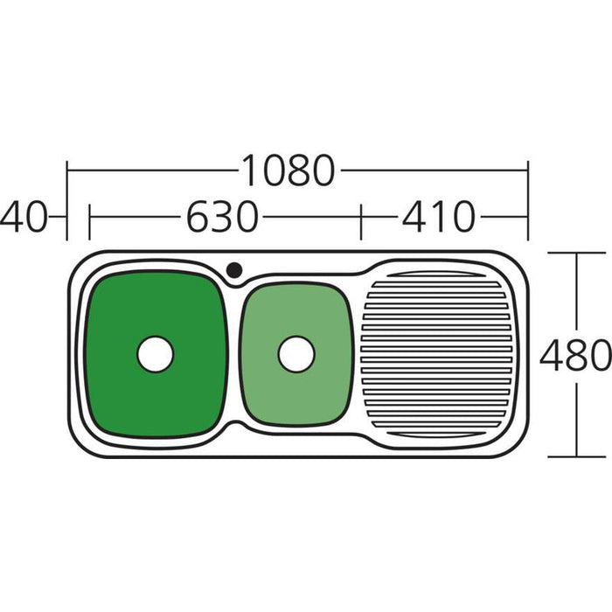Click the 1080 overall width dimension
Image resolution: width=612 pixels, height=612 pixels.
(289, 170)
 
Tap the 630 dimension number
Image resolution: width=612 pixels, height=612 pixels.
(222, 217)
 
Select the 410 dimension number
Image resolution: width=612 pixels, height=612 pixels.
(438, 217)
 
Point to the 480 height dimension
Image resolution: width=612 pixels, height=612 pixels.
(575, 354)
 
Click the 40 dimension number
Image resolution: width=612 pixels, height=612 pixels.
(24, 217)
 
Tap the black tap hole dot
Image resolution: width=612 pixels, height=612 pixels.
(234, 269)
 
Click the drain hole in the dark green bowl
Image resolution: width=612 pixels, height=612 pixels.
(155, 354)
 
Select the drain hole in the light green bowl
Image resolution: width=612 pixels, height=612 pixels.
(296, 354)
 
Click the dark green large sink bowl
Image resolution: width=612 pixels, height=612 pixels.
(156, 353)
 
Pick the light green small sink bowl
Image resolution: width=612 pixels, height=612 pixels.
(296, 353)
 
